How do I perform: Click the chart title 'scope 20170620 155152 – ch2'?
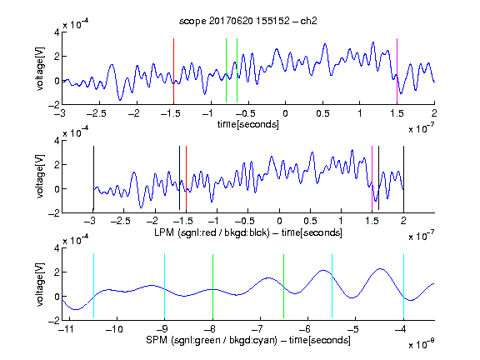248,21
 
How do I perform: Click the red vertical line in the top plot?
173,71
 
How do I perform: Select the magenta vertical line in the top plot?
397,71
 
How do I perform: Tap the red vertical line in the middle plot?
186,178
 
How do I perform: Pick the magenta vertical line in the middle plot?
372,178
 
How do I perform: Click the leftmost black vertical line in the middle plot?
93,178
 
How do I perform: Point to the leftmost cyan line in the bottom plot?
93,286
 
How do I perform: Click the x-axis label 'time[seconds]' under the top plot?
248,124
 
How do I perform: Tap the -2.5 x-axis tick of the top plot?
96,113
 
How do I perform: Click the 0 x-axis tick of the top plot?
285,113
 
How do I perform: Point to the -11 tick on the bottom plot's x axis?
67,329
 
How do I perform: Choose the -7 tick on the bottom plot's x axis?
260,329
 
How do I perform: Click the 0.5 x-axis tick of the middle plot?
310,221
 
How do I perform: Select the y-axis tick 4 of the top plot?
57,32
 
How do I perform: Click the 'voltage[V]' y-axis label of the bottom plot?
40,285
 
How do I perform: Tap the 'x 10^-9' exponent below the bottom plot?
421,344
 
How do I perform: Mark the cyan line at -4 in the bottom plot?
403,286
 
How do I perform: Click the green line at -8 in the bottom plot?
212,286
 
